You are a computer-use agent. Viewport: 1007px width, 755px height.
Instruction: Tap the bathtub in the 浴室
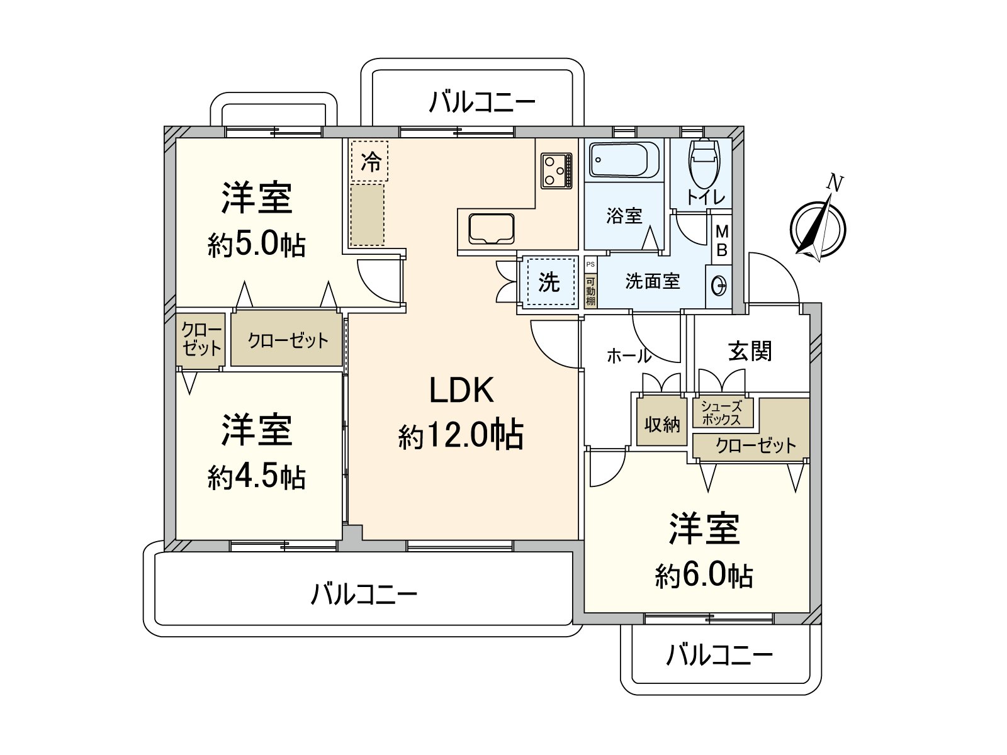(x=624, y=160)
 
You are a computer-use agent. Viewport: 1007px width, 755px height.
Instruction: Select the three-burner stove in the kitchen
(x=556, y=171)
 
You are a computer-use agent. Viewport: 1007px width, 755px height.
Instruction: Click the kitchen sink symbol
(x=491, y=229)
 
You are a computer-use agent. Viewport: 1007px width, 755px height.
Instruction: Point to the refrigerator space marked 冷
(x=370, y=161)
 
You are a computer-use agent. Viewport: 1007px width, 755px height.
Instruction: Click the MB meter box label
(x=722, y=240)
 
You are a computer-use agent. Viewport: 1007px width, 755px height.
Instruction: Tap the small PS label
(x=590, y=264)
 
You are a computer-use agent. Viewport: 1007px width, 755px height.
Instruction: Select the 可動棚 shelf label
(x=590, y=291)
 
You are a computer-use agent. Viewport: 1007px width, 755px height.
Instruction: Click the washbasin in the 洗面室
(x=719, y=286)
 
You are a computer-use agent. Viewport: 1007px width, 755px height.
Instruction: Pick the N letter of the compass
(x=835, y=183)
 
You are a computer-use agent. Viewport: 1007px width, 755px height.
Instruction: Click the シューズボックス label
(x=721, y=413)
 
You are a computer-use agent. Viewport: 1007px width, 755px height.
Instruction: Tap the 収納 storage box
(x=661, y=422)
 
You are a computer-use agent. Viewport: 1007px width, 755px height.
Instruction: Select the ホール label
(x=629, y=355)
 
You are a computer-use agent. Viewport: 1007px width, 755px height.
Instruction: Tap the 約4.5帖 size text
(x=256, y=477)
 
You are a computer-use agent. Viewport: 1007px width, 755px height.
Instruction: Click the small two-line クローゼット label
(x=201, y=339)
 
